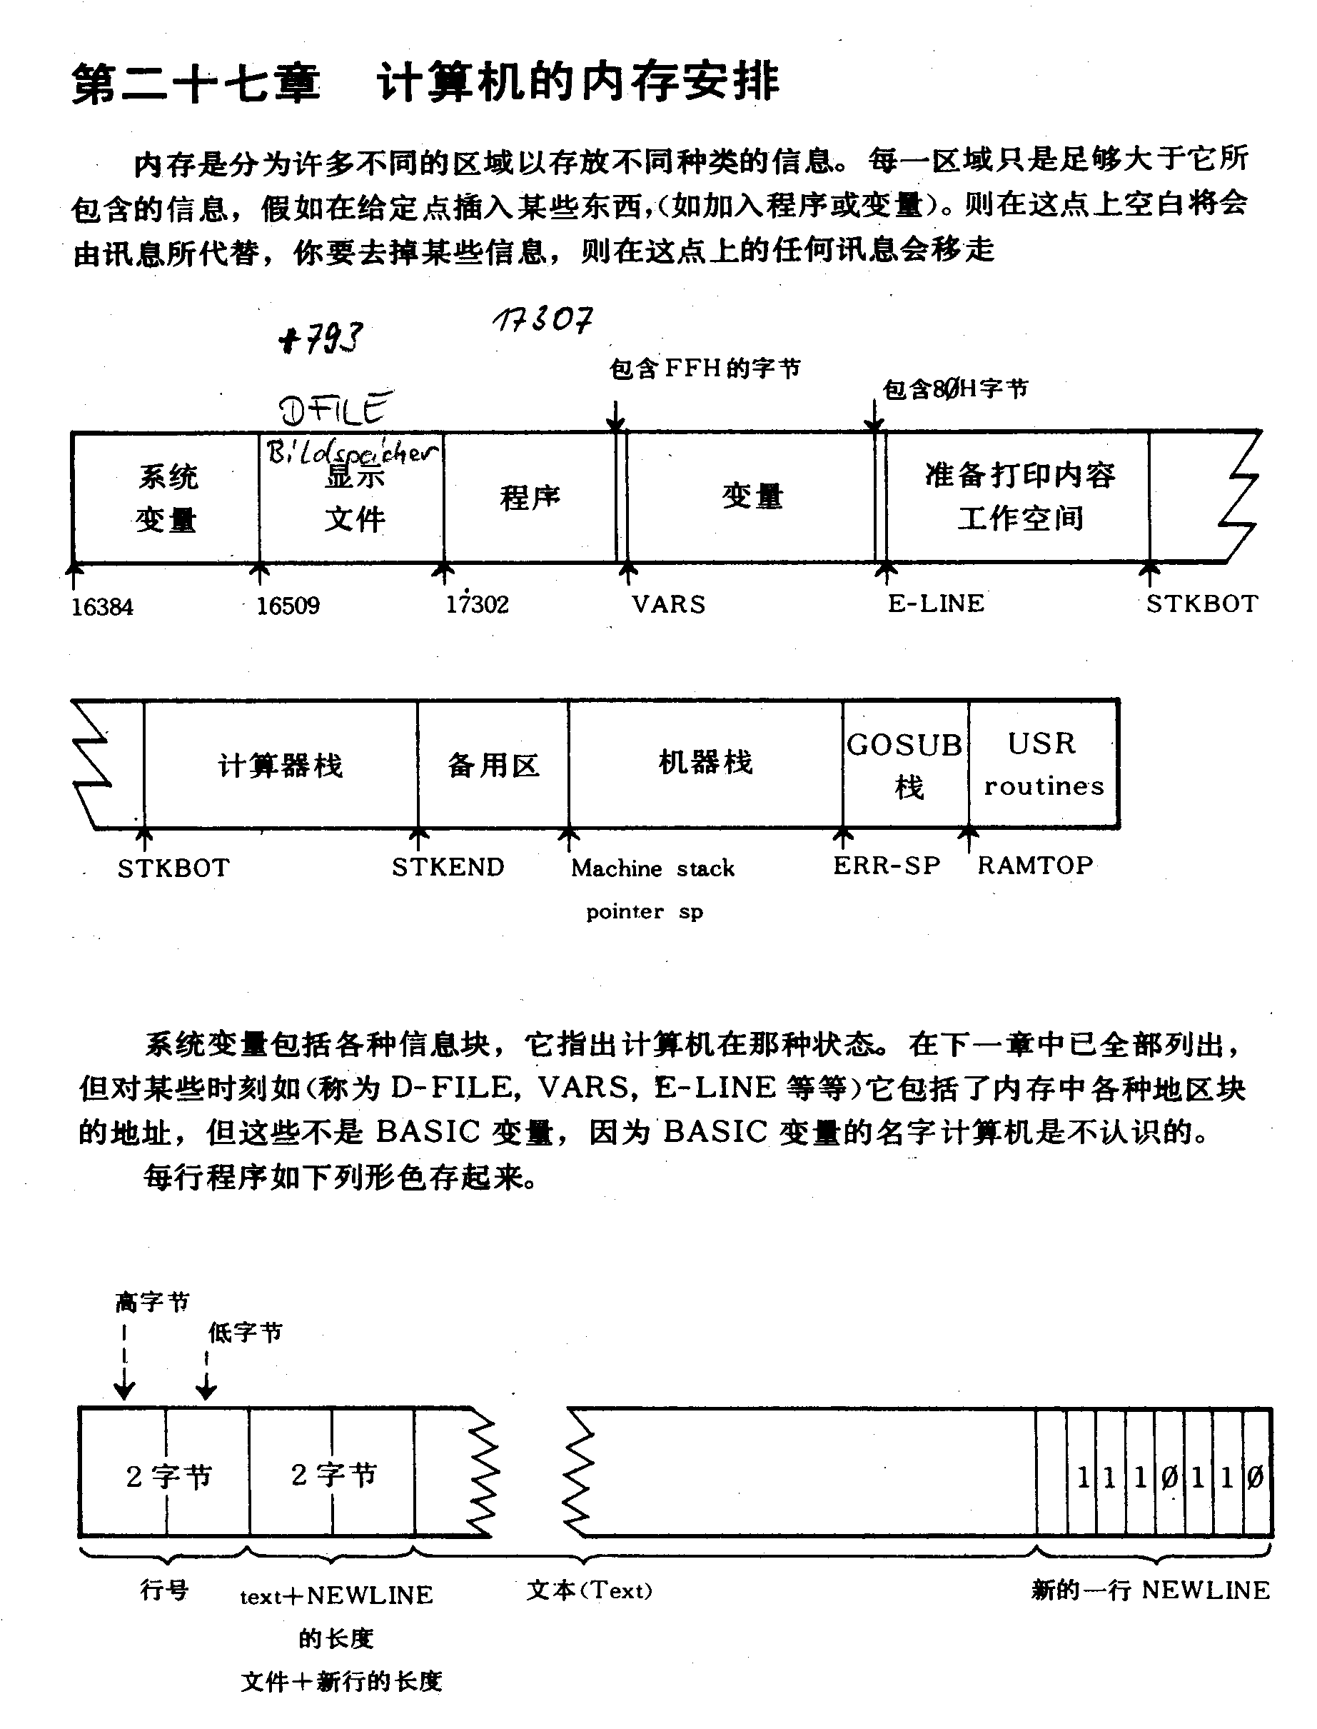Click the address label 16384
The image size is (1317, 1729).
point(103,607)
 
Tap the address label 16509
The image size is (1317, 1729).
point(288,606)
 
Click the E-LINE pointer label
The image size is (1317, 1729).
point(936,603)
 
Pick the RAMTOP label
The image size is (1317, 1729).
point(1035,865)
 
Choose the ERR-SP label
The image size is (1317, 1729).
point(887,865)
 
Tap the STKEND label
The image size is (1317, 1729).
point(448,866)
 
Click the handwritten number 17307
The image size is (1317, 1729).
point(543,319)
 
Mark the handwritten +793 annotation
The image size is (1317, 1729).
point(321,339)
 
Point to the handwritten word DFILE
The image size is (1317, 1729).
point(335,409)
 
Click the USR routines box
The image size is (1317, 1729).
point(1044,763)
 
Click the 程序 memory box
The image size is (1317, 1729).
point(530,497)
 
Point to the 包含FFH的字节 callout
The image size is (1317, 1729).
point(705,368)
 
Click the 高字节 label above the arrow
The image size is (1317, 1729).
point(152,1303)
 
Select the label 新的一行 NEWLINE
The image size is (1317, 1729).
point(1150,1590)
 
